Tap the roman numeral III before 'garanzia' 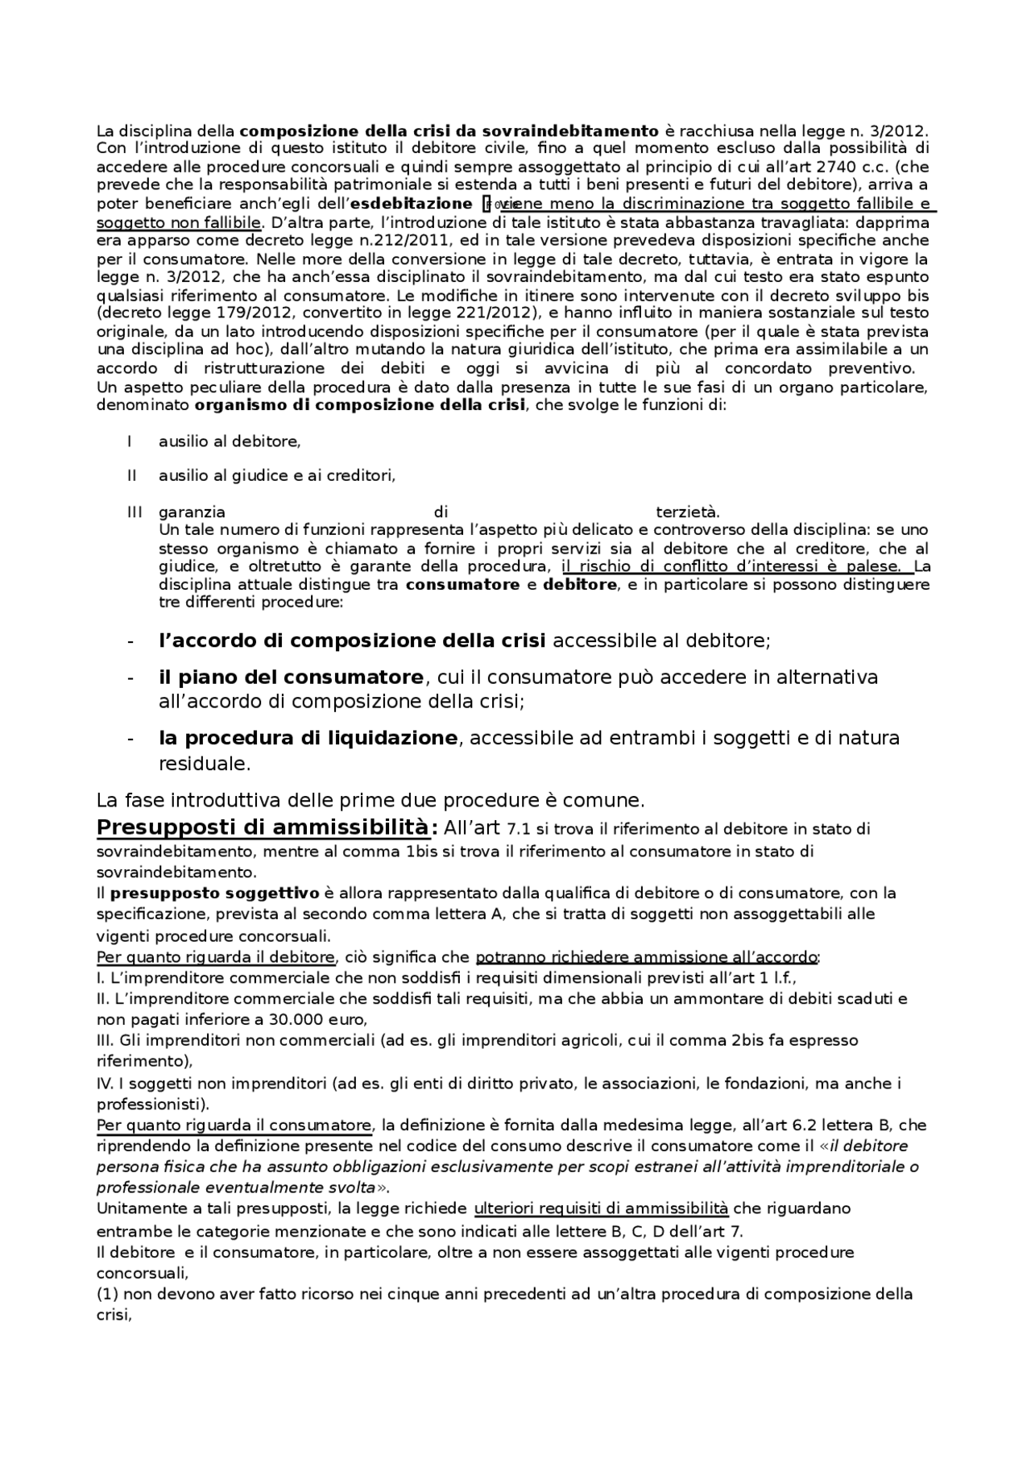tap(135, 512)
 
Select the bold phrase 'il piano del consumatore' tap(291, 677)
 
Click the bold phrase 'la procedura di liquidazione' tap(308, 738)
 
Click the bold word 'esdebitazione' tap(411, 204)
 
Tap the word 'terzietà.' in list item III tap(688, 512)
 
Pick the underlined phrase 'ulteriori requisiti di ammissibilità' tap(601, 1208)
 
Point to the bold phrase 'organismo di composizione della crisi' tap(360, 405)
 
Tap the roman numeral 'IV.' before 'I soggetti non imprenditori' tap(106, 1084)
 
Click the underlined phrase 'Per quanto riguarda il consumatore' tap(234, 1125)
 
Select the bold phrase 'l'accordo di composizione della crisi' tap(353, 641)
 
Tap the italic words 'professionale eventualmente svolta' tap(235, 1188)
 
